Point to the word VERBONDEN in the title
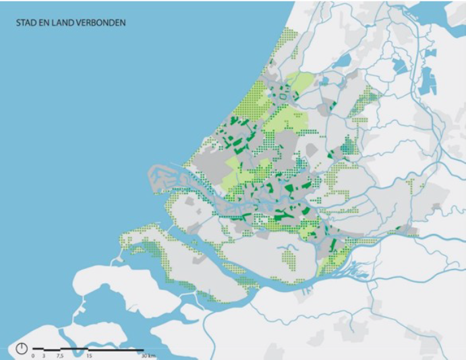pos(102,22)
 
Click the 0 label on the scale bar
pos(32,355)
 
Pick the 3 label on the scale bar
pos(44,355)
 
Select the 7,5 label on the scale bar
pos(60,355)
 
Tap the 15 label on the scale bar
pos(88,355)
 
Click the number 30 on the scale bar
pos(142,355)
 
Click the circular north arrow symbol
pos(22,349)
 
